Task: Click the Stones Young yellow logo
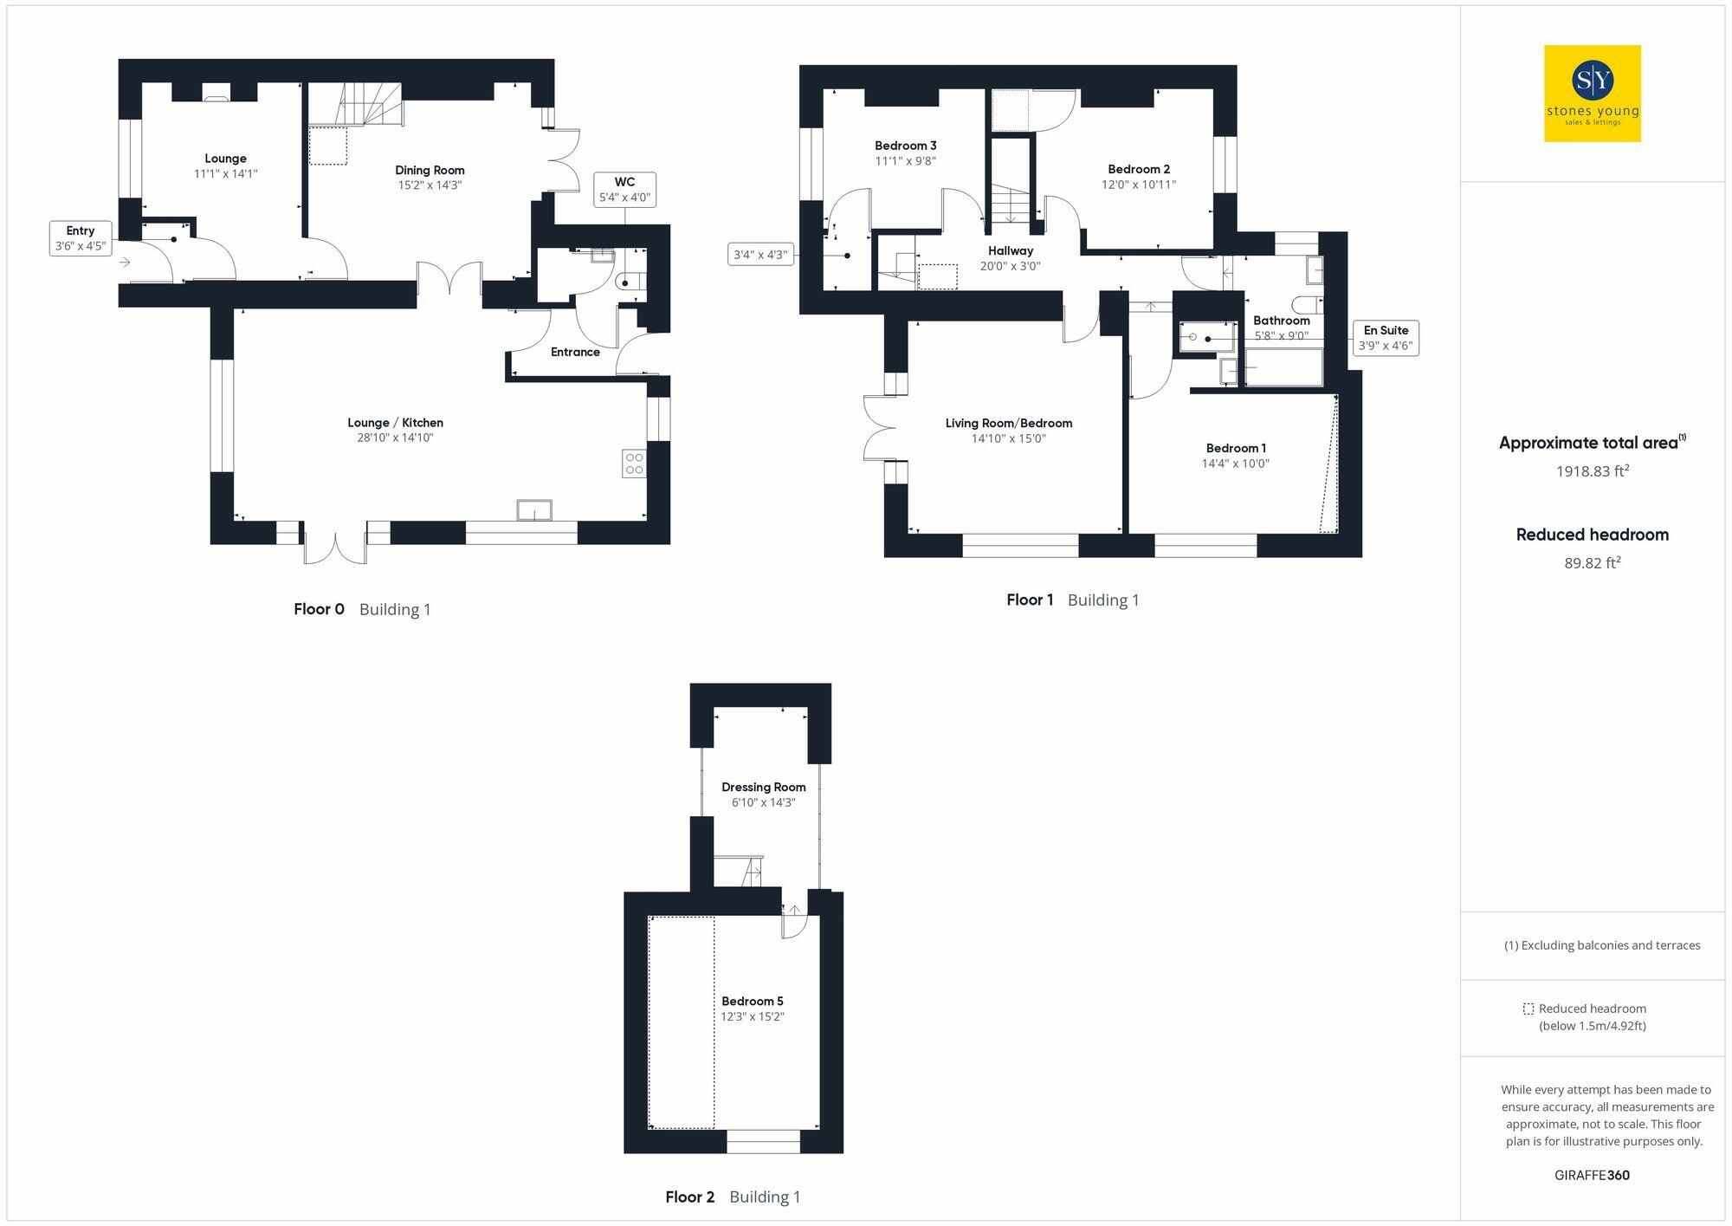[x=1592, y=94]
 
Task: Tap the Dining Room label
[x=430, y=171]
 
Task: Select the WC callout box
[x=624, y=190]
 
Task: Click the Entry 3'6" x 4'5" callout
[x=80, y=238]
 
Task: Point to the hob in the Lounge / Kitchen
[x=634, y=464]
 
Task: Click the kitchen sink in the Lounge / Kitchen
[x=534, y=510]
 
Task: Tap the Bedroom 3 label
[x=905, y=146]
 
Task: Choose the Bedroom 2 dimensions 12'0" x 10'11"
[x=1138, y=185]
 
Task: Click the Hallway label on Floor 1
[x=1011, y=251]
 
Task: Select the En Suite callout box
[x=1386, y=338]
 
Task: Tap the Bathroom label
[x=1281, y=321]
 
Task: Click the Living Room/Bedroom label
[x=1008, y=424]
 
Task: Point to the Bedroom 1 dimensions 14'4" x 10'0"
[x=1235, y=464]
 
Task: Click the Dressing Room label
[x=763, y=788]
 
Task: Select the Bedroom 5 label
[x=752, y=1002]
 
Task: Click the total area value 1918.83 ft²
[x=1592, y=471]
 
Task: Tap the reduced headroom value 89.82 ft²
[x=1592, y=563]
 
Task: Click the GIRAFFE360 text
[x=1592, y=1176]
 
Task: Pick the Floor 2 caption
[x=689, y=1197]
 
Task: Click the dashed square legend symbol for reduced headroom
[x=1528, y=1009]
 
